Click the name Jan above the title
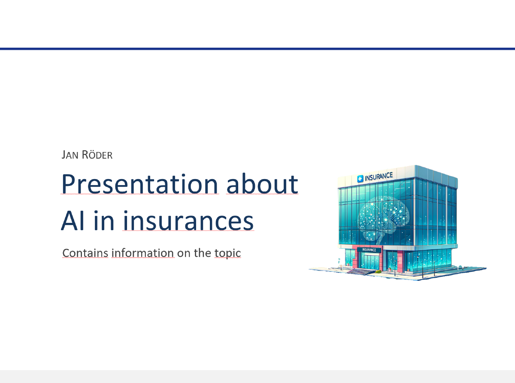click(x=70, y=155)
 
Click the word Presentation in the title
click(x=139, y=184)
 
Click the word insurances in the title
click(x=188, y=221)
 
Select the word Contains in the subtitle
click(x=85, y=253)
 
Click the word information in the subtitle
click(x=142, y=253)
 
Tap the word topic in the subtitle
click(x=227, y=253)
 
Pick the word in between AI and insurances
click(x=106, y=221)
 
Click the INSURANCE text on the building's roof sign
click(x=379, y=176)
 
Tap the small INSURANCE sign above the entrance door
click(x=369, y=250)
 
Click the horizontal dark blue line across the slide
click(x=257, y=49)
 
